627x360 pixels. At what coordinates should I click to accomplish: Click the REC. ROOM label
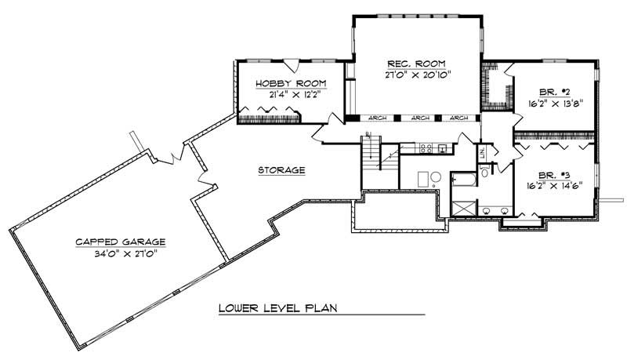point(419,64)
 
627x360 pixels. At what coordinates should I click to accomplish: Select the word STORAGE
point(281,170)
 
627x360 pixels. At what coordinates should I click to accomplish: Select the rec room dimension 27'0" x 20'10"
point(419,75)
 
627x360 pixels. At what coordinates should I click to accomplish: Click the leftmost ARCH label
point(376,118)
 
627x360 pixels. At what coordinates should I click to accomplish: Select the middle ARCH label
point(420,118)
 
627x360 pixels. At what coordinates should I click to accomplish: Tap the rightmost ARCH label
point(460,118)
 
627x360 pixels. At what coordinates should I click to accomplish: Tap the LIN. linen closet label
point(484,151)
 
